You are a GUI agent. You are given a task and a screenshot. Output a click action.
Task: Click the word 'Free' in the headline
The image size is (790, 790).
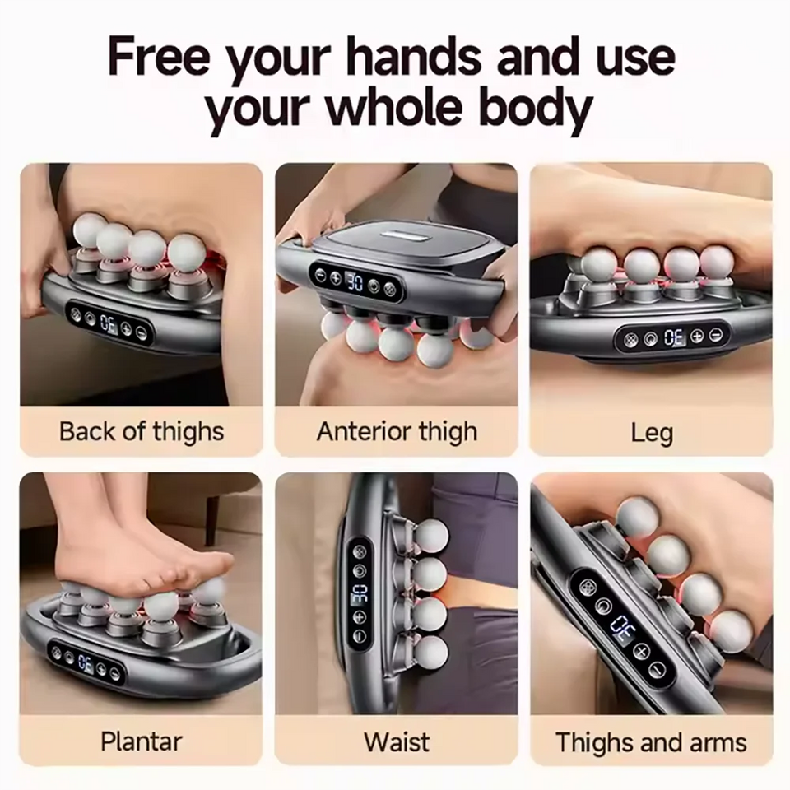pos(158,57)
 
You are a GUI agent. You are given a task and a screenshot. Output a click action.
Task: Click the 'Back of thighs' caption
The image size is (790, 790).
pos(142,431)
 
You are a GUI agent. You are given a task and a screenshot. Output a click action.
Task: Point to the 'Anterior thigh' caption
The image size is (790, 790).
pos(397,431)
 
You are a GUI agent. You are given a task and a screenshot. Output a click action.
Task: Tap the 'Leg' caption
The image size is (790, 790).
pos(652,433)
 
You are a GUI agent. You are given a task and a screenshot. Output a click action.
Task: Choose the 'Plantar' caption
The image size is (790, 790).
pos(141,741)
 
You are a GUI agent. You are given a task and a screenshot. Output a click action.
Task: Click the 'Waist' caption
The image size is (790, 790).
pos(397,741)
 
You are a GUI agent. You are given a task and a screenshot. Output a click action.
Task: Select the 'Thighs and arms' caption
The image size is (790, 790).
pos(651,742)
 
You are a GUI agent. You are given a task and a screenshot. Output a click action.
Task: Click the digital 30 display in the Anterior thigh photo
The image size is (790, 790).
pos(354,281)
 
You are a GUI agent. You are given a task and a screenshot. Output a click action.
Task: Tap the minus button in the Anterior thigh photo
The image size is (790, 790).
pos(321,275)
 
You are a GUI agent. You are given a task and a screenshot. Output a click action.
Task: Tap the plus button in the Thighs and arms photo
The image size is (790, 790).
pos(641,652)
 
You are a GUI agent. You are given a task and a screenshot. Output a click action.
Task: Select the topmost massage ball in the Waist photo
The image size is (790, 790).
pos(432,536)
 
